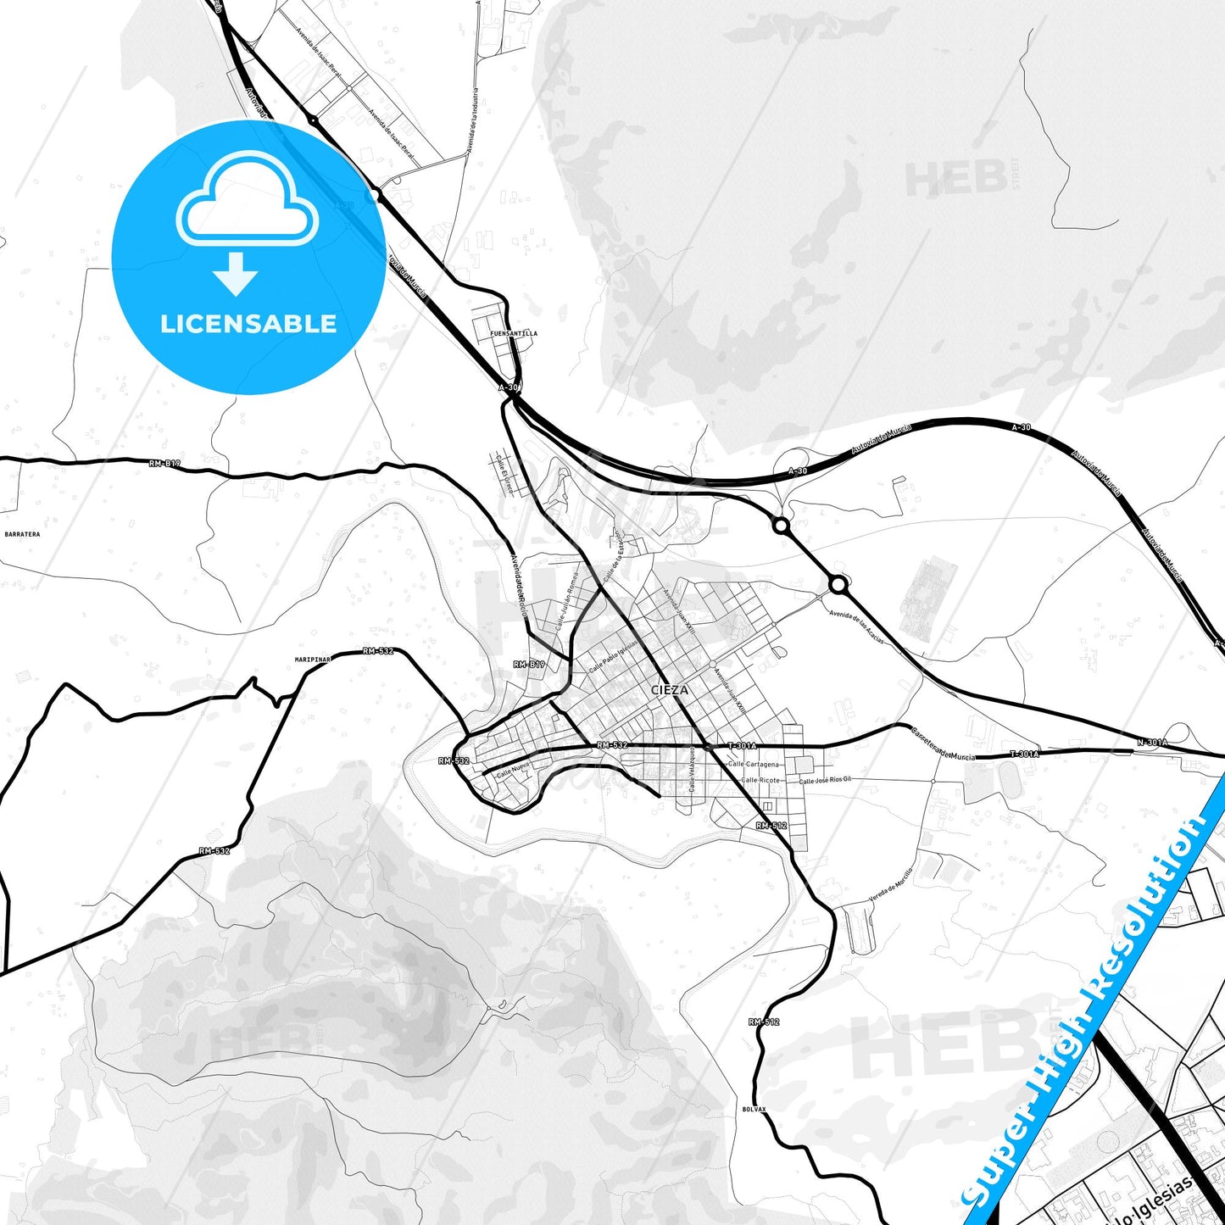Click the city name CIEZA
(x=670, y=690)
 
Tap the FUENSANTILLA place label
(x=514, y=334)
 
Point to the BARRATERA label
(x=22, y=535)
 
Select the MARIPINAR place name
(x=312, y=659)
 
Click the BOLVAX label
(x=754, y=1109)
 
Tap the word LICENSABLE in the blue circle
(x=248, y=324)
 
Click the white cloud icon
(x=247, y=200)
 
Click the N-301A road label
(x=1152, y=743)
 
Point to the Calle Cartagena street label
(x=753, y=765)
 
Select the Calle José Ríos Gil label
(x=825, y=780)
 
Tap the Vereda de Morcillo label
(x=891, y=885)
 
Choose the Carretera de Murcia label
(x=943, y=743)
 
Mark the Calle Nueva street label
(x=513, y=770)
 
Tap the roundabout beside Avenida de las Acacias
(x=838, y=585)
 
